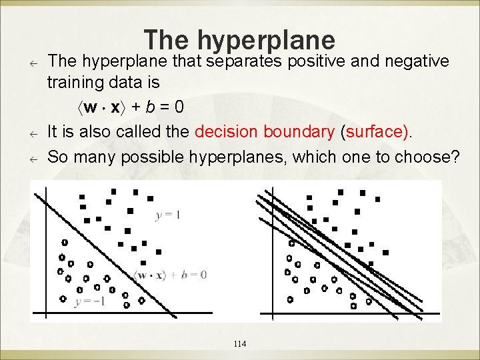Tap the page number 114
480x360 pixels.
click(240, 344)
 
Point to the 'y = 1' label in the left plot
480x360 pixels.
click(168, 215)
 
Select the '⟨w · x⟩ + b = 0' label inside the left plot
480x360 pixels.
click(171, 275)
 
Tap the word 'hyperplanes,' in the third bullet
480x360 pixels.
click(236, 157)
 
